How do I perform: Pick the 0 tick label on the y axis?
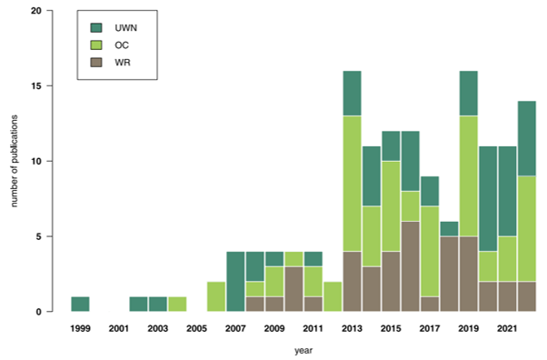point(37,312)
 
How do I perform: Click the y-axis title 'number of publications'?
point(15,162)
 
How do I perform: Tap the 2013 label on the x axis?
point(353,326)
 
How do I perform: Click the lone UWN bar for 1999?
point(80,304)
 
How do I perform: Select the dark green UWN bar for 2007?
point(236,282)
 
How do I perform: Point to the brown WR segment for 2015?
point(392,281)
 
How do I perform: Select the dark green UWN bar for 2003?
point(158,304)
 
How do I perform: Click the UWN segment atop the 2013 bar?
point(353,94)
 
